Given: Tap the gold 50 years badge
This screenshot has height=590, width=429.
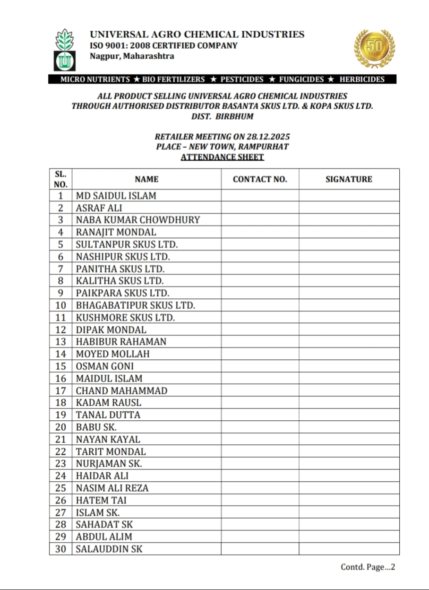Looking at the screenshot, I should (374, 48).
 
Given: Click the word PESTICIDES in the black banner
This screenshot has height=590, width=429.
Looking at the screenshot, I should (242, 79).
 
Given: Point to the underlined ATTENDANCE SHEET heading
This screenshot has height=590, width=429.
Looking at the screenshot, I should (222, 157).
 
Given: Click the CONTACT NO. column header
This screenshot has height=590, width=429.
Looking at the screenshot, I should (260, 179).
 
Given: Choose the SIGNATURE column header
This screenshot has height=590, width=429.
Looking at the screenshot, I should (349, 179).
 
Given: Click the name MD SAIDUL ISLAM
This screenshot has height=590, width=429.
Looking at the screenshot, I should (116, 196).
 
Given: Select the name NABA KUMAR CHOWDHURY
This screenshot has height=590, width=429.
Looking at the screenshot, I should (137, 220).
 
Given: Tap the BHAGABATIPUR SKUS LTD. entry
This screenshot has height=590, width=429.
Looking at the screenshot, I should (135, 305).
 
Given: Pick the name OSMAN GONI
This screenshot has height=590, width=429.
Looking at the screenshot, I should (104, 366).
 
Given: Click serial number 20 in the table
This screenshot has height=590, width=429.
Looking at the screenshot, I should (60, 427).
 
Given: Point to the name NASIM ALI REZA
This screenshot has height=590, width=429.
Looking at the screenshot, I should (112, 488).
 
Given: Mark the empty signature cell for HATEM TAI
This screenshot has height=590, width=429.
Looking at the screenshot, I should (349, 500).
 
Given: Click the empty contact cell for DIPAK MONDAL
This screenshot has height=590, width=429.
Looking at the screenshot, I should (260, 330).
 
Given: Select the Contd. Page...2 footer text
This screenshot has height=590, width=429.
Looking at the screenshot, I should (368, 567).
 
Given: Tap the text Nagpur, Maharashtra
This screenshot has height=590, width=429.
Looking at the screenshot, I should (132, 56).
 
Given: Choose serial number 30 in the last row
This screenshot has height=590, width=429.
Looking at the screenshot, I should (60, 549).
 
